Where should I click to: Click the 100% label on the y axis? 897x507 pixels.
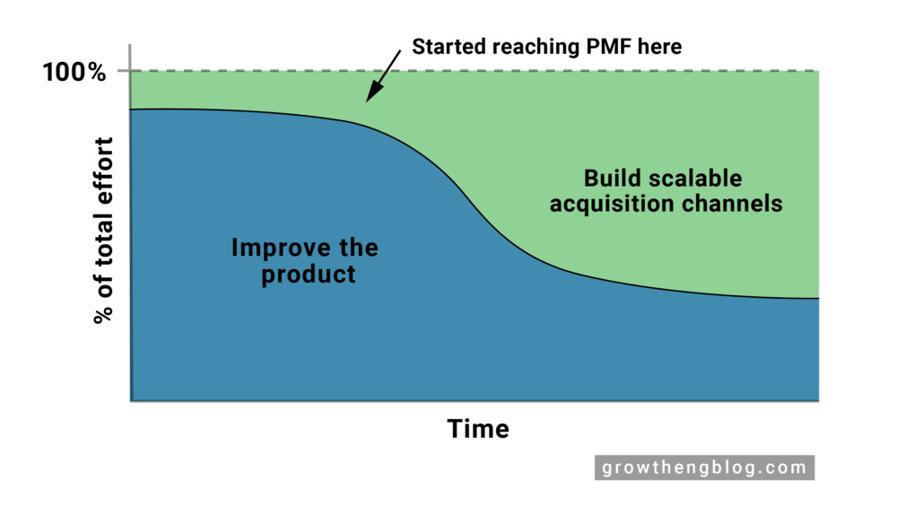(74, 71)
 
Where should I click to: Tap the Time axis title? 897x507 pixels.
(478, 429)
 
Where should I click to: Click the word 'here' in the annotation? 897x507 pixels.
(659, 47)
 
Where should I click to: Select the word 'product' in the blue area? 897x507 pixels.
(309, 274)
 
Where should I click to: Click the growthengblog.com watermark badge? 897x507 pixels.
(704, 468)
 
